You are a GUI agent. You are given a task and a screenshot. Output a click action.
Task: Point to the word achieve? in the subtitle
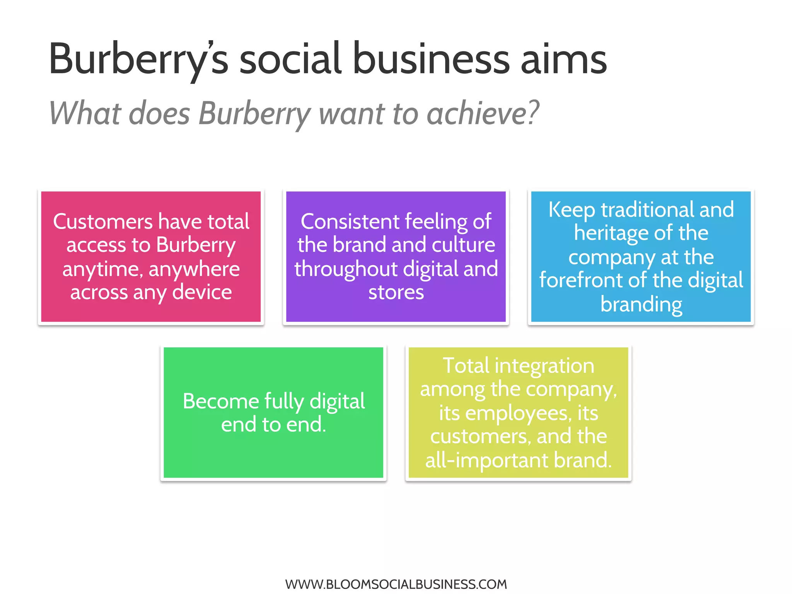pos(483,113)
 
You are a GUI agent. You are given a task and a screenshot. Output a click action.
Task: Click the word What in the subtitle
pos(85,113)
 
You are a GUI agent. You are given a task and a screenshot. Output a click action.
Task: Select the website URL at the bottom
pos(396,584)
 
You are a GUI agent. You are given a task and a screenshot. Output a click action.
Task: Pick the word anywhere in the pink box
pos(194,269)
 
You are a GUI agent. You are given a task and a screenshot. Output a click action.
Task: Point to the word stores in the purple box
pos(396,292)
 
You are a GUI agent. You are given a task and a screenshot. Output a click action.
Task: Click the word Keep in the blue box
pos(571,210)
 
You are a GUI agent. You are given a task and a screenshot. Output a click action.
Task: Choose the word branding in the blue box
pos(641,304)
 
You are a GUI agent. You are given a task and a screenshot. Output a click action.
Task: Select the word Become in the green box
pos(221,401)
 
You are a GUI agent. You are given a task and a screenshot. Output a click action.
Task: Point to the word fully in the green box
pos(284,401)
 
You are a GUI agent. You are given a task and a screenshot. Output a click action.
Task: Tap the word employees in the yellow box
pos(518,413)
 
